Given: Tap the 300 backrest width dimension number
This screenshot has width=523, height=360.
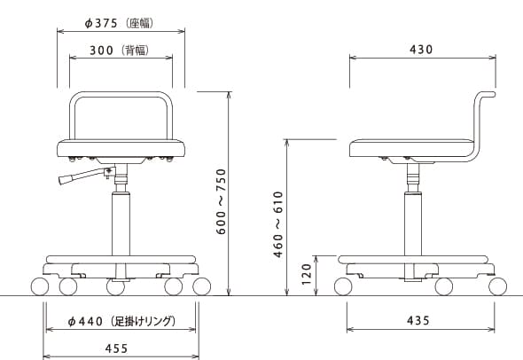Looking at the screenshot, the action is (101, 51).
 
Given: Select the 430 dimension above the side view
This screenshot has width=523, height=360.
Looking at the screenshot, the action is (421, 50).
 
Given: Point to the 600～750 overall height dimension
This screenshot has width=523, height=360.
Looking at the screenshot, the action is (221, 201).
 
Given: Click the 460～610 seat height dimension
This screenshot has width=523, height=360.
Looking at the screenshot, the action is (278, 224).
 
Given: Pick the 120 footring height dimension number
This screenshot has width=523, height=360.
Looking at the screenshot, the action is (306, 274).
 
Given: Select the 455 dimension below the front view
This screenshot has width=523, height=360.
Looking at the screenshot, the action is (116, 348).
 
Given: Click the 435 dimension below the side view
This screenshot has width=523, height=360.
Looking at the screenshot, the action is (418, 321).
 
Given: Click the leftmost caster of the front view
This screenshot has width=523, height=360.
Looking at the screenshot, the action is (40, 286).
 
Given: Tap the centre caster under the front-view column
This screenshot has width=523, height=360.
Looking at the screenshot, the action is (115, 287).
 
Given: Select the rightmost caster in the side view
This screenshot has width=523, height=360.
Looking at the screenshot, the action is (497, 286).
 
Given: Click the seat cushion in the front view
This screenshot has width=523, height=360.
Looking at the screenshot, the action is (121, 148).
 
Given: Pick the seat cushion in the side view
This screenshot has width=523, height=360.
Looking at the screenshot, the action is (412, 148).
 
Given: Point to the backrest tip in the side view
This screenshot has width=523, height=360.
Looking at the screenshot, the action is (494, 94).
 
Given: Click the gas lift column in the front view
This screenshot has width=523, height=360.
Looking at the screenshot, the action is (121, 223).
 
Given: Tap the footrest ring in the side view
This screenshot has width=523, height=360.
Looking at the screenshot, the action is (413, 260).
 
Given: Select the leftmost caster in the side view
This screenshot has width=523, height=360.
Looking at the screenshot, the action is (343, 286).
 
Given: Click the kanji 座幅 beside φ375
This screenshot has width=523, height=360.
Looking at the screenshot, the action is (140, 23).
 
